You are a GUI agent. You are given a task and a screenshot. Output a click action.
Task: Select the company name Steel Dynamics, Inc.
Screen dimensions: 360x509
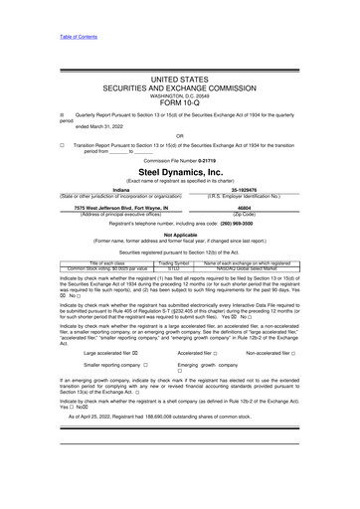[x=180, y=172]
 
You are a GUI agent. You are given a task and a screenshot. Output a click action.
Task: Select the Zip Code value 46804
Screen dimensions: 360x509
[x=243, y=206]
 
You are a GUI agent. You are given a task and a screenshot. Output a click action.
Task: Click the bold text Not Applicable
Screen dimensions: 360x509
[x=180, y=234]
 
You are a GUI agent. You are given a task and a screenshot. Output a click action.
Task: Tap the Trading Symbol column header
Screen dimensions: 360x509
[x=174, y=262]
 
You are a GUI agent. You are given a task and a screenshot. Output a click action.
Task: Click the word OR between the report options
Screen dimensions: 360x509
[x=179, y=136]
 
